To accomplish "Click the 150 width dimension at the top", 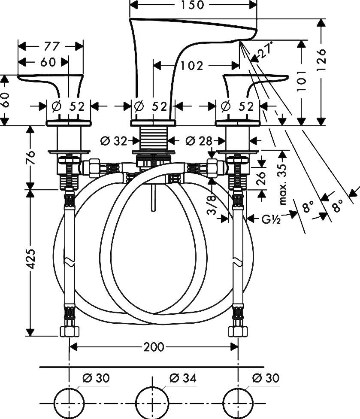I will click(x=193, y=5).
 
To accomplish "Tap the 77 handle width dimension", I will click(x=51, y=46).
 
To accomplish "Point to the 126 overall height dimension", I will click(x=323, y=58).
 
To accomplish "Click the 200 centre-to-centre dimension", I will click(x=154, y=346).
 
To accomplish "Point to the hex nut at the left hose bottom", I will click(x=69, y=331).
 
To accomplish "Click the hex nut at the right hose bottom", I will click(x=237, y=331).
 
